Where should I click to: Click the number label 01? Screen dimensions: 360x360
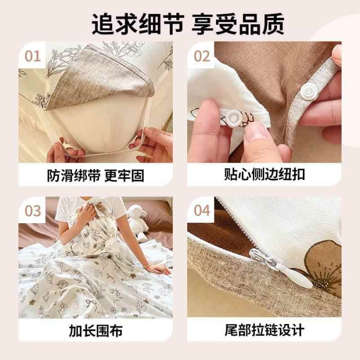pyautogui.click(x=33, y=56)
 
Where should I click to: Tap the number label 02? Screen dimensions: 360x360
pyautogui.click(x=202, y=56)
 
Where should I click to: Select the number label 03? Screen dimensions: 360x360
pyautogui.click(x=33, y=211)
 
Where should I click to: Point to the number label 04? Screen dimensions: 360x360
pyautogui.click(x=202, y=210)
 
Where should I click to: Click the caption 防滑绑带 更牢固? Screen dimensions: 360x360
pyautogui.click(x=96, y=175)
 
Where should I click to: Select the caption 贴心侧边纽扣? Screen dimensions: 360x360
pyautogui.click(x=264, y=174)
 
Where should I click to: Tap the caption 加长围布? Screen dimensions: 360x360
pyautogui.click(x=96, y=330)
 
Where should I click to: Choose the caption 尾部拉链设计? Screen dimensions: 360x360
pyautogui.click(x=264, y=330)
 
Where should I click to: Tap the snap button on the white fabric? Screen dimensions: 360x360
pyautogui.click(x=232, y=118)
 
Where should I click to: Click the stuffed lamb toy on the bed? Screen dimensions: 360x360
pyautogui.click(x=138, y=221)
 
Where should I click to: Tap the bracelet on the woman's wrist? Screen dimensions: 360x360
pyautogui.click(x=148, y=265)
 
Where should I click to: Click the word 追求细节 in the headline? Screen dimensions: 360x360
pyautogui.click(x=138, y=24)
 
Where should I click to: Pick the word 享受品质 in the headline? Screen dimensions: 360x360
pyautogui.click(x=238, y=24)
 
